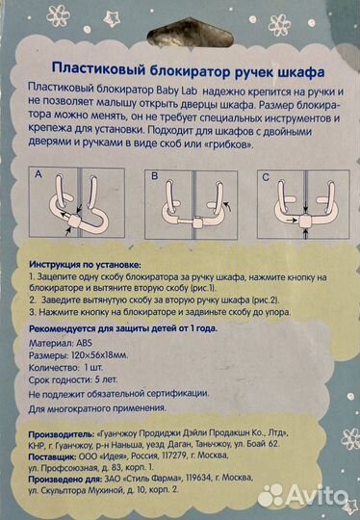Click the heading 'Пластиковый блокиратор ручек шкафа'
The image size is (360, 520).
click(x=180, y=73)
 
